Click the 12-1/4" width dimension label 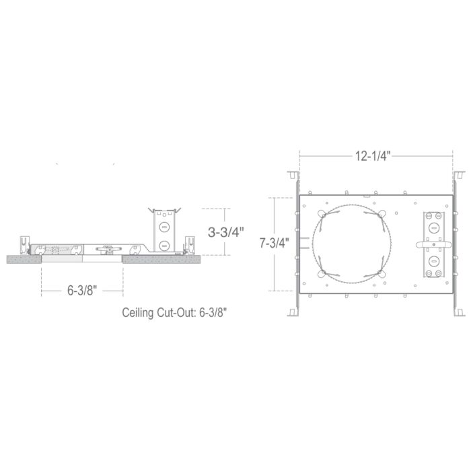(373, 156)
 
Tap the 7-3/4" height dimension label (275, 243)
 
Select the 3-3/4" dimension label (225, 232)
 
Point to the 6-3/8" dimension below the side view (82, 291)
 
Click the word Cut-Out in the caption (176, 313)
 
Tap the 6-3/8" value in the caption (213, 313)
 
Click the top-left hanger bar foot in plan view (293, 176)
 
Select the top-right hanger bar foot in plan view (460, 176)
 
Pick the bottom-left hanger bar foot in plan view (293, 312)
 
